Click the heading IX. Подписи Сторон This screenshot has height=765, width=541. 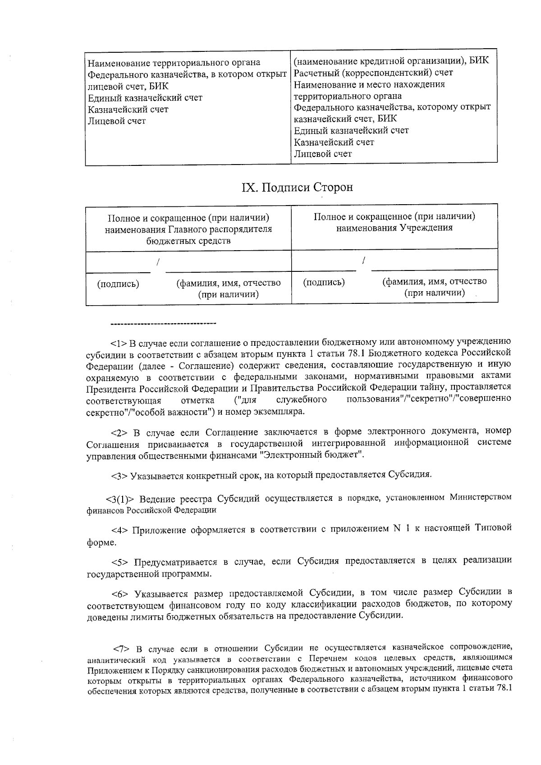[x=297, y=187]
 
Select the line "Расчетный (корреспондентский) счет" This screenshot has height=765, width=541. [x=373, y=73]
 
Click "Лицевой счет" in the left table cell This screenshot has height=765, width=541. [x=117, y=121]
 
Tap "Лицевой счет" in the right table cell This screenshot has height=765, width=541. [x=323, y=154]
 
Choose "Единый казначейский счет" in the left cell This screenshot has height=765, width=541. [x=145, y=98]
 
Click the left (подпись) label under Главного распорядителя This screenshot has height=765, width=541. [x=118, y=284]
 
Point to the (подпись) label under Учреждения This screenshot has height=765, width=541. [x=324, y=283]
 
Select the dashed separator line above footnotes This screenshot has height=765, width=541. [x=163, y=323]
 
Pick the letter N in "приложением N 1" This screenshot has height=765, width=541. [x=397, y=528]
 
